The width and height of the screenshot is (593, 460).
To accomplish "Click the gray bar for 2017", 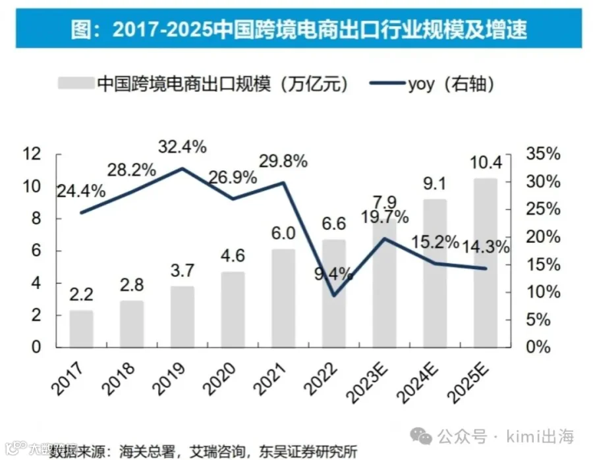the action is (x=81, y=328).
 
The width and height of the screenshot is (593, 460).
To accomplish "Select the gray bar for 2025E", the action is (x=486, y=263).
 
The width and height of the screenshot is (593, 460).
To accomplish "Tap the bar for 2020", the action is (x=233, y=309).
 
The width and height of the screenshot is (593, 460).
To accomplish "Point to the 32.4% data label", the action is (x=183, y=147).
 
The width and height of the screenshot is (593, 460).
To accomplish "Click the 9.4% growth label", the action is (x=333, y=274).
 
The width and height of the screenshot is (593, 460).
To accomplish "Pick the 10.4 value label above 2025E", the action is (x=486, y=163).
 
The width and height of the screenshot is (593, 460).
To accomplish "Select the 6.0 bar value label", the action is (x=283, y=234).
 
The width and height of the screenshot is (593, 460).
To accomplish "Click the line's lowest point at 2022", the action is (x=334, y=295).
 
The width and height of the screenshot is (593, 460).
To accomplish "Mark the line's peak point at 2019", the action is (x=183, y=168).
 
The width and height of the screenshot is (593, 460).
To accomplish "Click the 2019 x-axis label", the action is (x=169, y=379).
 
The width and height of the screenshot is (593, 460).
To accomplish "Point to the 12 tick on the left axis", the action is (x=32, y=154).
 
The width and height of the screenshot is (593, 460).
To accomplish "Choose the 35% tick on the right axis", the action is (x=543, y=154).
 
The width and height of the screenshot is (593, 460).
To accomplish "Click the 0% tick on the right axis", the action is (x=538, y=347).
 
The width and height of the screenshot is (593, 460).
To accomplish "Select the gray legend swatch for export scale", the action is (x=76, y=83).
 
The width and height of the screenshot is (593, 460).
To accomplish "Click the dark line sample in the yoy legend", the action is (x=387, y=83).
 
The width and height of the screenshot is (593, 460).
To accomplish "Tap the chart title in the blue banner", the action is (x=298, y=29).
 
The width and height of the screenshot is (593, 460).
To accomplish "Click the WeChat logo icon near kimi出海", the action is (x=421, y=436).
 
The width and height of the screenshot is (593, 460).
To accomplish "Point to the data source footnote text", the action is (x=203, y=451).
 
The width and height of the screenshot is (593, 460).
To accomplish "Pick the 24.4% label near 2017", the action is (x=81, y=192).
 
